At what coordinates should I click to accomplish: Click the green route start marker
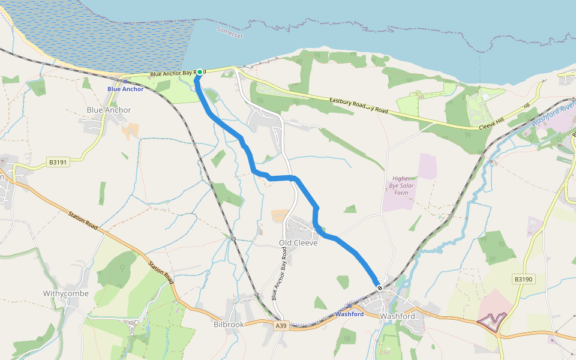point(200,72)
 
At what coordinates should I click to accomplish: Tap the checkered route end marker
point(380,288)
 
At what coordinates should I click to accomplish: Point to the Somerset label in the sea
point(230,32)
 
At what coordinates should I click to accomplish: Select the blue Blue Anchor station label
point(125,89)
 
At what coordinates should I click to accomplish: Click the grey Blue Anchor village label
point(109,110)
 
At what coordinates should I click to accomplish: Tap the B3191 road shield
point(58,162)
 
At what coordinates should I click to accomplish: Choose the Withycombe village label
point(66,293)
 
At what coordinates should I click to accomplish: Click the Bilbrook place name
point(229,324)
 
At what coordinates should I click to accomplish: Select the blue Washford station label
point(349,314)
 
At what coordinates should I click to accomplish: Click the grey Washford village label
point(398,316)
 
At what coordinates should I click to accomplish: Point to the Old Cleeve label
point(298,243)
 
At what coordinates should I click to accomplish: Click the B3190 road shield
point(524,280)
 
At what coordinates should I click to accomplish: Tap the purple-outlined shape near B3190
point(492,320)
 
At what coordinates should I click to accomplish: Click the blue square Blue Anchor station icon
point(125,81)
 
